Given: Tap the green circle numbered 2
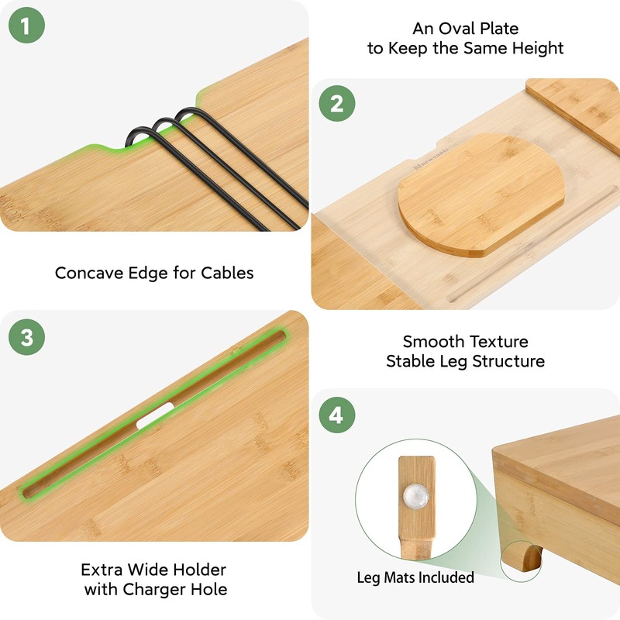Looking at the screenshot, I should pos(336,104).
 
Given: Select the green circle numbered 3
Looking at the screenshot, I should pos(26,337).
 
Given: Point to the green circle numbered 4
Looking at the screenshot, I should pos(336,415).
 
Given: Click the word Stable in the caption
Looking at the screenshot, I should pos(411,361).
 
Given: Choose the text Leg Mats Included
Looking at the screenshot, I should pos(415,577).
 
